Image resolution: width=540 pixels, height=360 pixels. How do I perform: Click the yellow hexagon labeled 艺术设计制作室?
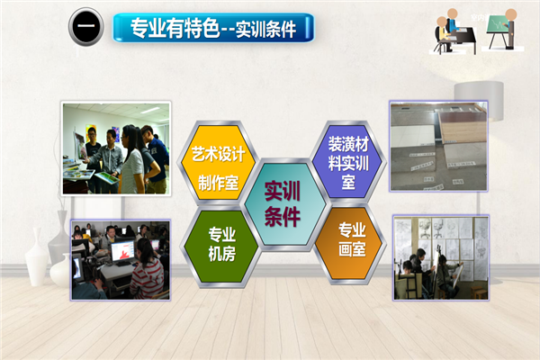(x=218, y=162)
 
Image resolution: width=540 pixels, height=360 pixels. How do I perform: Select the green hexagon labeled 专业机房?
(x=221, y=246)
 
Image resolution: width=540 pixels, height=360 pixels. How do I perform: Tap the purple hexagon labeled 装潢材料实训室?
(x=347, y=161)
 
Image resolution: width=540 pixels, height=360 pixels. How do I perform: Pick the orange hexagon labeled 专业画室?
(x=351, y=244)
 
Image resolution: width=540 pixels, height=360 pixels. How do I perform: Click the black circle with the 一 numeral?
(x=86, y=27)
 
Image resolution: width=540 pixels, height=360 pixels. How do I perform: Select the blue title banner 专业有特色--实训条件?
(x=213, y=28)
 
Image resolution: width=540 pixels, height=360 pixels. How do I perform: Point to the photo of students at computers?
(x=121, y=260)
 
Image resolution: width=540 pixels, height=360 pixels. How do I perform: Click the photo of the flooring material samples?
(x=439, y=146)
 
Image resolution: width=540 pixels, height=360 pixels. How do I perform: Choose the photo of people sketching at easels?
(x=441, y=258)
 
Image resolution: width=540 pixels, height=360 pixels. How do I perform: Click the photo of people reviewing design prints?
(x=116, y=148)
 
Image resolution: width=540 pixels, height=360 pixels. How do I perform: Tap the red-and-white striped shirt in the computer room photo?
(x=147, y=279)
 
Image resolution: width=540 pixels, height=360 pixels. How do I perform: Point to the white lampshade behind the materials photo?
(x=480, y=101)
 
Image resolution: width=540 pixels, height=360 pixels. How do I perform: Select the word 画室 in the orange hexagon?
(x=352, y=249)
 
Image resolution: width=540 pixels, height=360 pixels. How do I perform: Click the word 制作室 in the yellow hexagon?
(x=219, y=182)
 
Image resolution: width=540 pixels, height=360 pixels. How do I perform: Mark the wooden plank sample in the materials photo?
(x=463, y=128)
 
